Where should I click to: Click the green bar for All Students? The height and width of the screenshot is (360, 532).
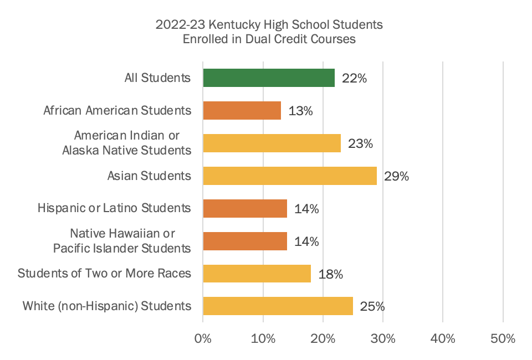[x=269, y=78]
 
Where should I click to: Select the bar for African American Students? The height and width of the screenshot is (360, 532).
[x=242, y=111]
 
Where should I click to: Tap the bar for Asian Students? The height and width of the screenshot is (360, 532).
[x=290, y=176]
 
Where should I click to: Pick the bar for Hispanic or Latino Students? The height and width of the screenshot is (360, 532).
[x=245, y=209]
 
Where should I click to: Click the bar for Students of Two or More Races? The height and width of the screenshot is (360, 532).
[x=257, y=274]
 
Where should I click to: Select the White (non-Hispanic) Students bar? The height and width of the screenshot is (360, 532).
[x=278, y=306]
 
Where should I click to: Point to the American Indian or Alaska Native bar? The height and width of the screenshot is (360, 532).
[x=272, y=143]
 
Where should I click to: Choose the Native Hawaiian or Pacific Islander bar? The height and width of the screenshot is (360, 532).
[x=245, y=241]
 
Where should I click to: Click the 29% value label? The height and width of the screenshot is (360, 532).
[x=396, y=177]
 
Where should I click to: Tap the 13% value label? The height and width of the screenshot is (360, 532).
[x=300, y=111]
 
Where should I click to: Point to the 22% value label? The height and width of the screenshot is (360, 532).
[x=354, y=79]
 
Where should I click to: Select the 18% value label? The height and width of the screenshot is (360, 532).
[x=330, y=274]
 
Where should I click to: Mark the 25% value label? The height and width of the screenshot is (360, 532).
[x=372, y=306]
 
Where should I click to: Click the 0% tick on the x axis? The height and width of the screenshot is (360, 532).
[x=203, y=338]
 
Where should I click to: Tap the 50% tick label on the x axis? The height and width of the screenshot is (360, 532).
[x=503, y=338]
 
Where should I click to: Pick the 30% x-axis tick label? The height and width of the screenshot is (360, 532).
[x=383, y=338]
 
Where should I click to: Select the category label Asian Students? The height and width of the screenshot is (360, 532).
[x=149, y=176]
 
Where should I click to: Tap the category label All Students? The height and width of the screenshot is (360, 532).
[x=157, y=78]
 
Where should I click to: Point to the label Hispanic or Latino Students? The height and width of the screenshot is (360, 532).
[x=115, y=209]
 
